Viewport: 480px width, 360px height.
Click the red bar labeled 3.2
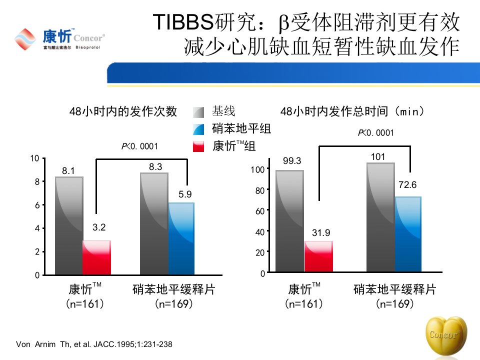click(96, 257)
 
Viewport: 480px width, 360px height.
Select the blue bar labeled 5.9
click(181, 238)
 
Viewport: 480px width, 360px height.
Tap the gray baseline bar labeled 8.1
click(69, 225)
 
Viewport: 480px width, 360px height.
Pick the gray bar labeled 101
click(381, 217)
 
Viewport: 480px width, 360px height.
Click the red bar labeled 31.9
click(318, 256)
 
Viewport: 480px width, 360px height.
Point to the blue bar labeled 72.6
click(408, 234)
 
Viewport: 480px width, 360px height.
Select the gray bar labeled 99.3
click(289, 221)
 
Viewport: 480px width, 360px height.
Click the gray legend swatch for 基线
click(198, 112)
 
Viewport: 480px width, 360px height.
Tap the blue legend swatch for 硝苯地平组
click(198, 129)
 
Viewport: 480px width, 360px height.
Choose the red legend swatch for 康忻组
click(198, 146)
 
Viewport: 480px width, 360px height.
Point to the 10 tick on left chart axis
click(34, 158)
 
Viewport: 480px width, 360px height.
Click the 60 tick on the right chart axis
click(260, 211)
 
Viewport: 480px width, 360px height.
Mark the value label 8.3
click(155, 167)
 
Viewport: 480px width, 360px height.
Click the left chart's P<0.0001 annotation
click(139, 146)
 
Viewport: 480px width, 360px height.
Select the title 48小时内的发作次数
click(123, 111)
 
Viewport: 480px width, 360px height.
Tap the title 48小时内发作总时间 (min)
click(352, 111)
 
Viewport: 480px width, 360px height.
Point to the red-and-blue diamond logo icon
click(25, 39)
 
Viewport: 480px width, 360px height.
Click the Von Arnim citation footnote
click(94, 344)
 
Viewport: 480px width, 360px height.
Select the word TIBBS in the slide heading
click(183, 22)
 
